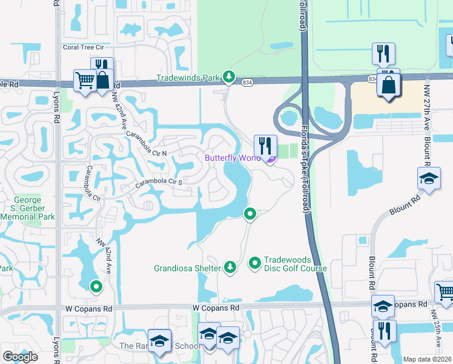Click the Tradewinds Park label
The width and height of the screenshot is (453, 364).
(188, 78)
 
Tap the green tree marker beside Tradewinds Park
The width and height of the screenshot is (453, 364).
(229, 76)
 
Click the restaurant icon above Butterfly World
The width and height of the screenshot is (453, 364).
(265, 146)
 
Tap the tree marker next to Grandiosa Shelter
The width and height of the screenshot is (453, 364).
(230, 266)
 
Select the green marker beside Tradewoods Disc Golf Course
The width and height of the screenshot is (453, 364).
(255, 263)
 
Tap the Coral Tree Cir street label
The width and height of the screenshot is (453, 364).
(84, 47)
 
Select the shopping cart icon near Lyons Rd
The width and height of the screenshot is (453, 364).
(85, 79)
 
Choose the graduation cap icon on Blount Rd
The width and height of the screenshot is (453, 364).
(429, 178)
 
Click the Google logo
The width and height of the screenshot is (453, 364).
(21, 357)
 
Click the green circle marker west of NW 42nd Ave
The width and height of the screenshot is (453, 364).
(95, 286)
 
